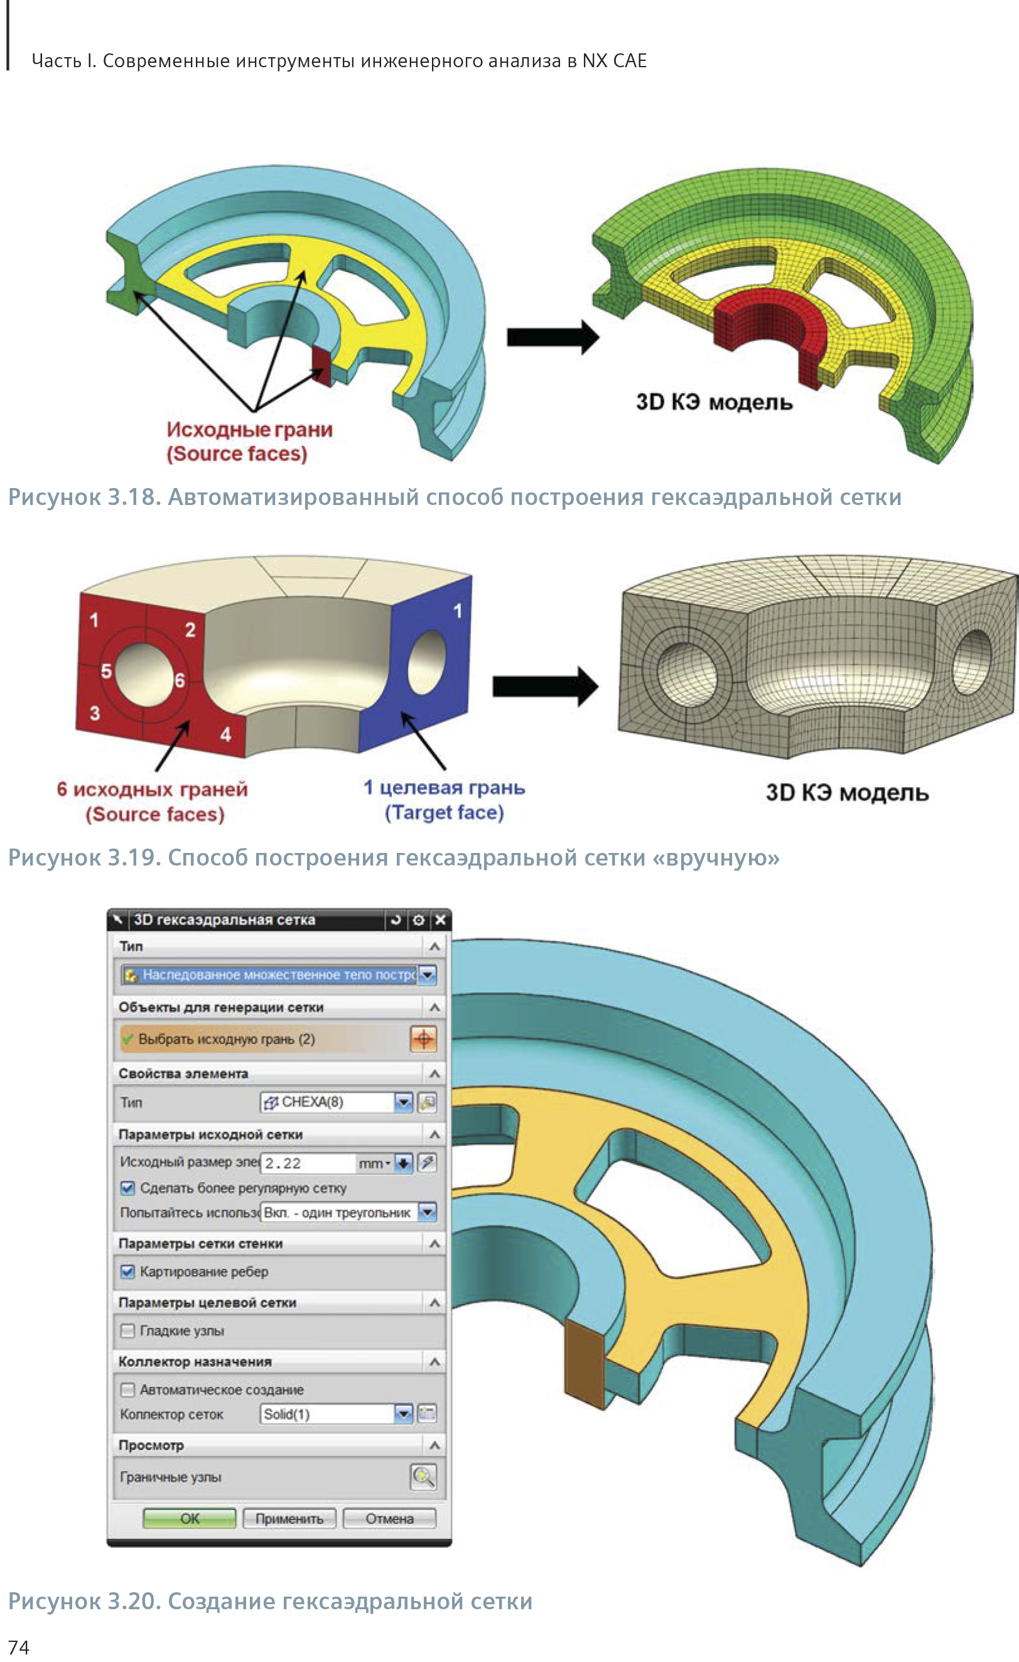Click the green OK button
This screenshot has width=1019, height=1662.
click(190, 1518)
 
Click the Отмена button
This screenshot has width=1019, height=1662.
click(389, 1518)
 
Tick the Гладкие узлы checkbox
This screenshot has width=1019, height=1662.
click(127, 1330)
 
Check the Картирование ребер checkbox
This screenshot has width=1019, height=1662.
click(127, 1271)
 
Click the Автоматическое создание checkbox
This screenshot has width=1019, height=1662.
click(127, 1389)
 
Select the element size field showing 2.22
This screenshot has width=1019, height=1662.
click(308, 1163)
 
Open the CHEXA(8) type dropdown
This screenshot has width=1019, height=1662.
click(402, 1102)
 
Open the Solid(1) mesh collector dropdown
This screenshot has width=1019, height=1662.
click(402, 1414)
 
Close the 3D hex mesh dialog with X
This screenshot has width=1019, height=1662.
click(440, 920)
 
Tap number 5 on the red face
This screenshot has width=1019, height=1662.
click(106, 671)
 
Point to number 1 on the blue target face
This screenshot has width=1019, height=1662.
click(458, 611)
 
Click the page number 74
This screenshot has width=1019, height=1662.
click(18, 1647)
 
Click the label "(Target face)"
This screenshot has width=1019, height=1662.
click(444, 812)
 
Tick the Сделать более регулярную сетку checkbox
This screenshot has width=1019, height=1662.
click(127, 1188)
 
